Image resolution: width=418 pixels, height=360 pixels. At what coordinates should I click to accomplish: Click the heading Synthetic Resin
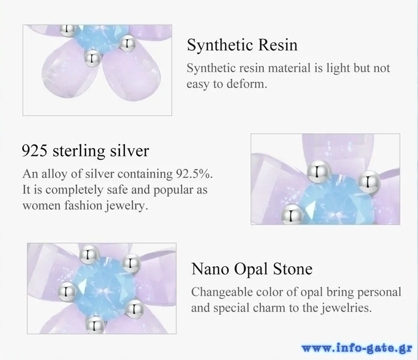point(242,45)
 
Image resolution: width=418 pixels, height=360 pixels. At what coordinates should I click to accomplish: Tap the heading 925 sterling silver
point(85,151)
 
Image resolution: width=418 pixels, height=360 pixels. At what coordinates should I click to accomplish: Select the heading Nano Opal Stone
point(252,269)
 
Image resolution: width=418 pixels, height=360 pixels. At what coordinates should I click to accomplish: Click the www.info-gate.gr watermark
point(356,348)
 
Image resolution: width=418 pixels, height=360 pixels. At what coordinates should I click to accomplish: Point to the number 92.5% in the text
point(194,174)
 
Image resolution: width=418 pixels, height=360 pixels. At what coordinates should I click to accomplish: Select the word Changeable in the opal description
point(222,293)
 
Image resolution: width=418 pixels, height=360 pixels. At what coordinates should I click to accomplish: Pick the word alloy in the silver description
point(54,174)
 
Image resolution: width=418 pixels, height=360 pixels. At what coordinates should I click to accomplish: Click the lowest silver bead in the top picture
point(92,59)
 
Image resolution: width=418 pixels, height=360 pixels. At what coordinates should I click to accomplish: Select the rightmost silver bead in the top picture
point(127,44)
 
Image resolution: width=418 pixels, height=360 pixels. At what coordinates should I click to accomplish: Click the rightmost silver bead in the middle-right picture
point(368,182)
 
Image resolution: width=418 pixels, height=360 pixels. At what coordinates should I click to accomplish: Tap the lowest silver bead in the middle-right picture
point(292,214)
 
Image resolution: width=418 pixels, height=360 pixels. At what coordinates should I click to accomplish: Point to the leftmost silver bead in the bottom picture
point(67,292)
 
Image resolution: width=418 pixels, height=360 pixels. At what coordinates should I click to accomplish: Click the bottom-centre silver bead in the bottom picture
point(95,325)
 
